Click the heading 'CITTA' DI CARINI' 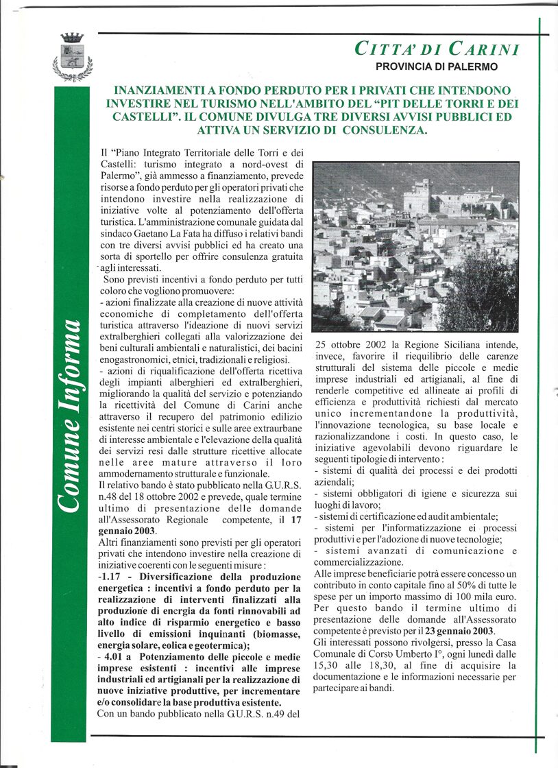point(437,49)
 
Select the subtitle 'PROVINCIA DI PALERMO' point(437,67)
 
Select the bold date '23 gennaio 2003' point(460,631)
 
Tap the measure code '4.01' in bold point(116,656)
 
